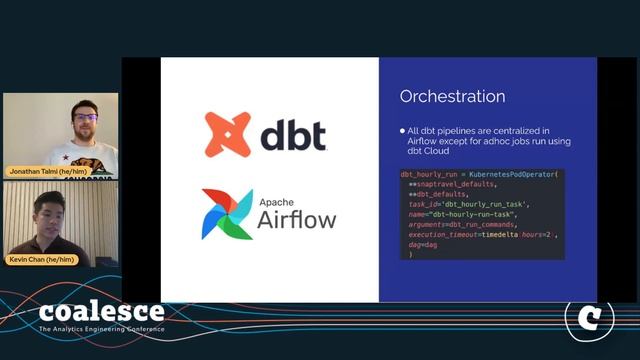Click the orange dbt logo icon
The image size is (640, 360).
coord(227,135)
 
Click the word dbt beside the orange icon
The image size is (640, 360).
coord(293,135)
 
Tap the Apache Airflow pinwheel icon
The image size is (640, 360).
coord(227,213)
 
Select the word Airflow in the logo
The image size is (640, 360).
coord(297,219)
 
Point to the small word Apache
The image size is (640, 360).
coord(279,201)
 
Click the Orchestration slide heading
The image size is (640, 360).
coord(452,97)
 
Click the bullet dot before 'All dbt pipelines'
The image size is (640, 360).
coord(402,131)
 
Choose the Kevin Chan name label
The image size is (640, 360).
coord(42,260)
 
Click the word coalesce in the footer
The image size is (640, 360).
coord(101,312)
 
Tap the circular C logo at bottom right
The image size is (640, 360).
coord(589,317)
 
